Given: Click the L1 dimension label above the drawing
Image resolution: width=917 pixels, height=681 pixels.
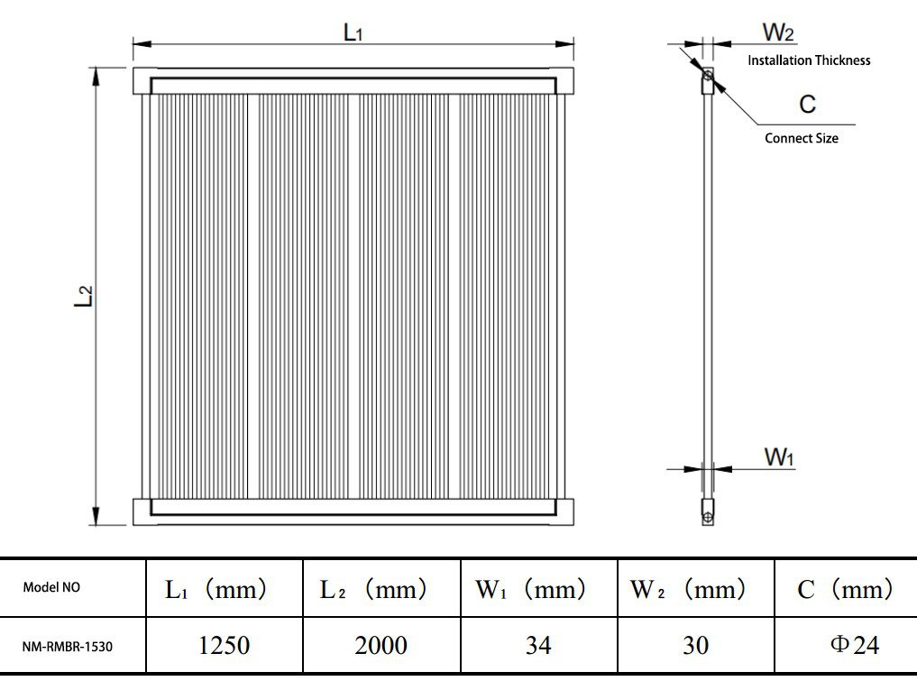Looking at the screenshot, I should tap(353, 32).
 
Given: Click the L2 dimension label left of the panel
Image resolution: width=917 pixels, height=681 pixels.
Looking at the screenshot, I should tap(83, 297).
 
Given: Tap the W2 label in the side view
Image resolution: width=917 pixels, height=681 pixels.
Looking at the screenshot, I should tap(778, 33).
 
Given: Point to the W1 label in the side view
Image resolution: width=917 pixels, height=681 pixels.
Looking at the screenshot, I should tap(779, 457).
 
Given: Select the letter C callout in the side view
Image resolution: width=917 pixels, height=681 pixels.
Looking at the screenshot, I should tap(807, 105).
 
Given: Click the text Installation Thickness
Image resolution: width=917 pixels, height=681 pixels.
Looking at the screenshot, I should tap(809, 60).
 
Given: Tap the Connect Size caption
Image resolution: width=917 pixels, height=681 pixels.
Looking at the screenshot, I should tap(801, 138).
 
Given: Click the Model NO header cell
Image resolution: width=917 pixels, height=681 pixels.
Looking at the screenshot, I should tap(51, 588).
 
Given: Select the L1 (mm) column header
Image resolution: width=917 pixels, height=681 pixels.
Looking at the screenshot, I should tap(216, 590).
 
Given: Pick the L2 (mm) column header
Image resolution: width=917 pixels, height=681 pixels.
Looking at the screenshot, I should tap(373, 590).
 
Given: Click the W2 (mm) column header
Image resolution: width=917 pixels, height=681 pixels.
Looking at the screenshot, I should tap(689, 590).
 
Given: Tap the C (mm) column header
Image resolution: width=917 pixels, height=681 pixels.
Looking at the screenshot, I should tap(845, 590).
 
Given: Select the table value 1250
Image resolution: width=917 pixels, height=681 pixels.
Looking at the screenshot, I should tap(224, 645).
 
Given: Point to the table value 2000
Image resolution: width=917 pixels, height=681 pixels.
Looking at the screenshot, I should tap(381, 645).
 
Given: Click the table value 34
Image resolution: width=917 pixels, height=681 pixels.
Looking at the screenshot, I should tap(537, 645).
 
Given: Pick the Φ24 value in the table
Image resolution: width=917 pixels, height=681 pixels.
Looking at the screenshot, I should tap(853, 645).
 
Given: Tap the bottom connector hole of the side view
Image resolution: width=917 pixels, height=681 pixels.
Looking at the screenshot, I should tap(709, 516).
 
